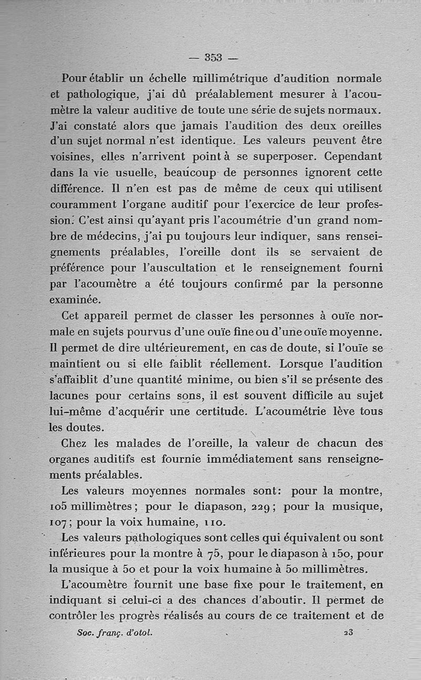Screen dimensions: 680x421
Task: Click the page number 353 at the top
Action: pos(214,57)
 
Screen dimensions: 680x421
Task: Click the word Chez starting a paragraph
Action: pos(74,443)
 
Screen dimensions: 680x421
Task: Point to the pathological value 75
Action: pos(214,554)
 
